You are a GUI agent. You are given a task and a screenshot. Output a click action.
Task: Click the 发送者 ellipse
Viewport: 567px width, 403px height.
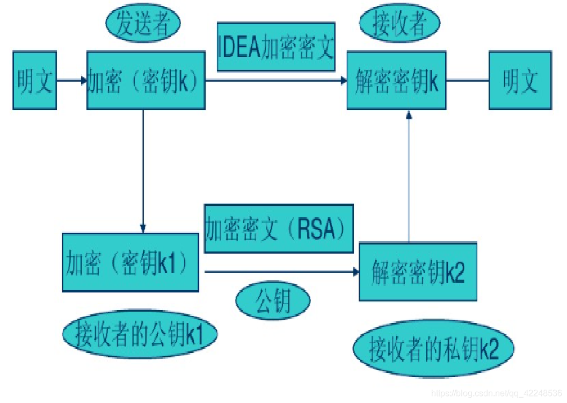142,24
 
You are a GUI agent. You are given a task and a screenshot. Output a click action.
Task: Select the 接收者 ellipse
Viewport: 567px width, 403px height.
399,24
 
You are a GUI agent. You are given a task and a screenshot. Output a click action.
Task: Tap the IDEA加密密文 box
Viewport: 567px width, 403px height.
276,47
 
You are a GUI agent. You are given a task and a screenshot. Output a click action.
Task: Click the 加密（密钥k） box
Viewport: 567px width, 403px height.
146,81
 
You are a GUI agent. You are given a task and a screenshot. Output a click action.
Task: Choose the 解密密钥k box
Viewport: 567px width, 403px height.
396,81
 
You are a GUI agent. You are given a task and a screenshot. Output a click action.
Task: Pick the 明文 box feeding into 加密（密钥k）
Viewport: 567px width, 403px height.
34,81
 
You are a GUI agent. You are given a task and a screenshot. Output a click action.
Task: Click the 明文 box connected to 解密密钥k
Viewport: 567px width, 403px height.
520,81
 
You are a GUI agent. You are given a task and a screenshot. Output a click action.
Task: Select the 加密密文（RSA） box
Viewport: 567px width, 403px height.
279,229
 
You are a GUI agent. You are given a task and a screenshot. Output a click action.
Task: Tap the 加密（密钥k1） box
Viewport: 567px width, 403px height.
130,263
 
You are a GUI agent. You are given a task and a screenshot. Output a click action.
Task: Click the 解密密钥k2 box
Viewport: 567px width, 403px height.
418,272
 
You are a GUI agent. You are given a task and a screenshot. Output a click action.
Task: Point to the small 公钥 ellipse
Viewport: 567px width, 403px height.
273,301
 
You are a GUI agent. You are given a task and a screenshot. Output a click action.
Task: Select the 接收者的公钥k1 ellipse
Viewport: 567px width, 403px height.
140,334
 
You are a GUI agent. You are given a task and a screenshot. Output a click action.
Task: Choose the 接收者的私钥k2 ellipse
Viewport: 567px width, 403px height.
434,349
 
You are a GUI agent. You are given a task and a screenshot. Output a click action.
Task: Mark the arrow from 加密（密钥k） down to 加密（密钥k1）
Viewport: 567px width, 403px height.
143,172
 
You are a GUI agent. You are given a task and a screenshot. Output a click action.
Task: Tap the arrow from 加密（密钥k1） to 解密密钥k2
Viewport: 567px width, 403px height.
279,272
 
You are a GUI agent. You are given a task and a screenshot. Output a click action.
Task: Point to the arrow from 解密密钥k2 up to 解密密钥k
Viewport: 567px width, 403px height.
409,177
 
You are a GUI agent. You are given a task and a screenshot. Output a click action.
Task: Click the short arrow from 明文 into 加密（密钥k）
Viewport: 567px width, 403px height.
71,81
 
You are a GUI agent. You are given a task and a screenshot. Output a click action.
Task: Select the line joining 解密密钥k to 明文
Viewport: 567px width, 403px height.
467,81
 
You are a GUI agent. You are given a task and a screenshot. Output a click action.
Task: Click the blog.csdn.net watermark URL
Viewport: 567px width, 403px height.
497,394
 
